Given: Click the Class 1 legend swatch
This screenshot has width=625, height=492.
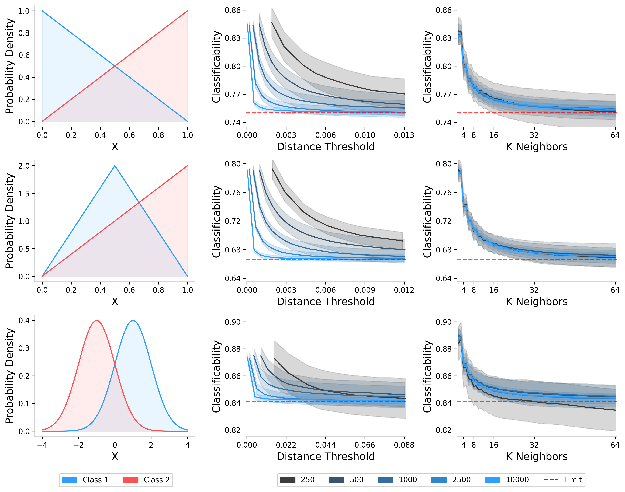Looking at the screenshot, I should (x=70, y=480).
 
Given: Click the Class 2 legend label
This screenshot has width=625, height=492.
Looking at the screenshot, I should (x=156, y=480).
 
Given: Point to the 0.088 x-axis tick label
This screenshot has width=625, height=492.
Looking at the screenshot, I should (x=404, y=445).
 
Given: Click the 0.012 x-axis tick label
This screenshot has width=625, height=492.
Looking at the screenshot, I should (x=404, y=290).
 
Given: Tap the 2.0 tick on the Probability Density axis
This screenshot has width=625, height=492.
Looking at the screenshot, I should (x=24, y=166).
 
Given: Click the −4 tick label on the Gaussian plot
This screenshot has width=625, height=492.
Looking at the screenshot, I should (x=42, y=445).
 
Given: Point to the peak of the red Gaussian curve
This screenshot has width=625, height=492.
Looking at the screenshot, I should (x=97, y=321).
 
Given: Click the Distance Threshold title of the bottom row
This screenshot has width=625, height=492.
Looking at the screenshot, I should (x=326, y=457).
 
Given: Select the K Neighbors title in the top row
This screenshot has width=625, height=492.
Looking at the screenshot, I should (x=537, y=147).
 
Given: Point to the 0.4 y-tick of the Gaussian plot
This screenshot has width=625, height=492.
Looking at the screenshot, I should (x=24, y=321).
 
